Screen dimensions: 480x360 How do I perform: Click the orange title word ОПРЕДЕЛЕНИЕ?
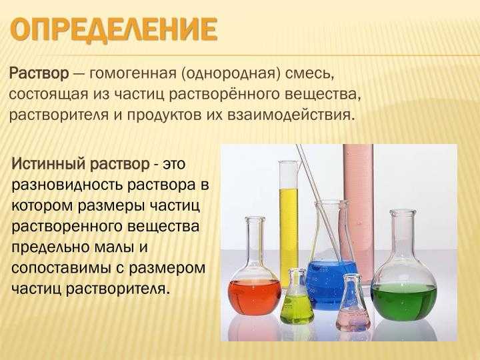[x=113, y=30]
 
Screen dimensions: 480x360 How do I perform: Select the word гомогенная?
[x=133, y=74]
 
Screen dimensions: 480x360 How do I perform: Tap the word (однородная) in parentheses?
[x=230, y=74]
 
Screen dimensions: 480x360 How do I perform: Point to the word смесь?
[x=309, y=74]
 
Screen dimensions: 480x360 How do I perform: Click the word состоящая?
[x=49, y=95]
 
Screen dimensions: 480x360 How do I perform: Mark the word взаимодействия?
[x=292, y=115]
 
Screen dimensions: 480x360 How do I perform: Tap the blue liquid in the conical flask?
[x=327, y=285]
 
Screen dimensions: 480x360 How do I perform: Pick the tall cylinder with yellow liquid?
[x=289, y=223]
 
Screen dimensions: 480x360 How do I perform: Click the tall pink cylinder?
[x=358, y=211]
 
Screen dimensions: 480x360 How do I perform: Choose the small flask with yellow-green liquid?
[x=296, y=299]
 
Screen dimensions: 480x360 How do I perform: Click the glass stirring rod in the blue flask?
[x=319, y=202]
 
